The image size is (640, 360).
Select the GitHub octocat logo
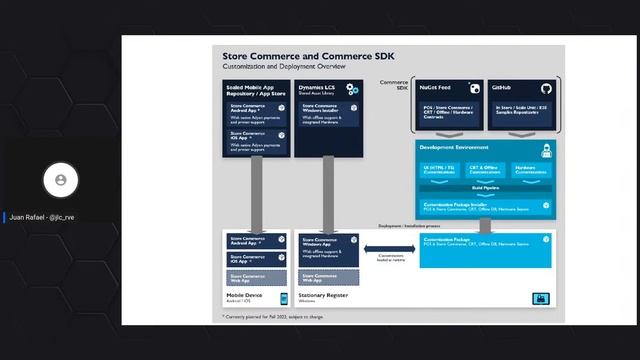click(546, 89)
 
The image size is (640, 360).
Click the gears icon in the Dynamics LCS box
click(352, 90)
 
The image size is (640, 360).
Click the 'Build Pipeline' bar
click(484, 187)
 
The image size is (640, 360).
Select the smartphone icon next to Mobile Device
click(283, 298)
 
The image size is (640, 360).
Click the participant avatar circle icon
click(61, 180)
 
